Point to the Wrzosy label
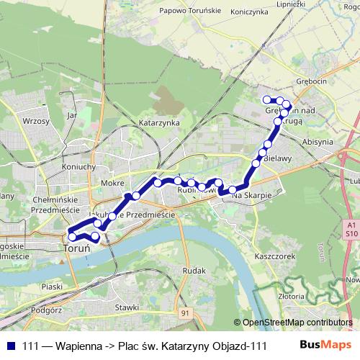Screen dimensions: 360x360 pyautogui.click(x=35, y=122)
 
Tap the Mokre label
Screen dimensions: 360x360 pyautogui.click(x=114, y=183)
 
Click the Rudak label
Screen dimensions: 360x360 pyautogui.click(x=194, y=271)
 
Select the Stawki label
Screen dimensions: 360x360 pyautogui.click(x=126, y=307)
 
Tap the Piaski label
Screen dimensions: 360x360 pyautogui.click(x=52, y=287)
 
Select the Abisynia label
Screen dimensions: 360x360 pyautogui.click(x=318, y=142)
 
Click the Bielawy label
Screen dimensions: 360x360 pyautogui.click(x=277, y=156)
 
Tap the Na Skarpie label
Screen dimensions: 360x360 pyautogui.click(x=249, y=194)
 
